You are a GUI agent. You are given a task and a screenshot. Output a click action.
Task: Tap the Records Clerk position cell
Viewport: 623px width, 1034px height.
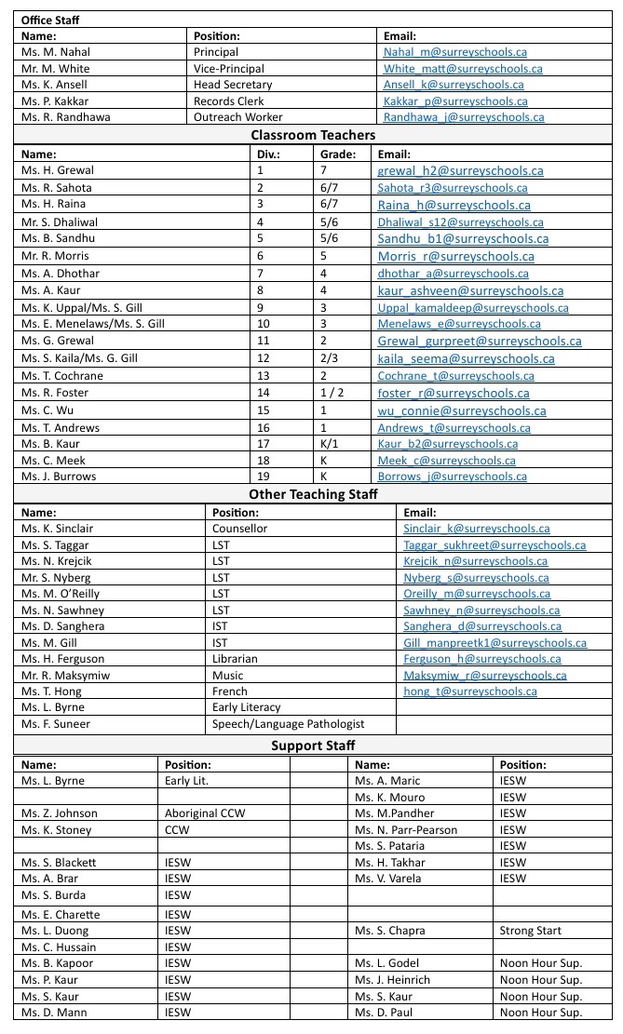pos(229,101)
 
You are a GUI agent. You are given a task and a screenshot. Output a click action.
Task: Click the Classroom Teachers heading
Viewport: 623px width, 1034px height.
pos(313,135)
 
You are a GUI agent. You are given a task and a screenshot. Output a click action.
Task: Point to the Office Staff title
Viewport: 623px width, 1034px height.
pos(52,19)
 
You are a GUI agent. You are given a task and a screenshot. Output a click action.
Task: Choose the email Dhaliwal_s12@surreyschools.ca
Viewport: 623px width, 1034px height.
pos(452,222)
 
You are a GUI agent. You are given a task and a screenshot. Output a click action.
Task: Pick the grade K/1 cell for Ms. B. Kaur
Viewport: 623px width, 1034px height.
pos(330,444)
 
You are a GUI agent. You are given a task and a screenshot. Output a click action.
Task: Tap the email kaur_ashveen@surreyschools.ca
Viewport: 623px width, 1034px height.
pos(470,291)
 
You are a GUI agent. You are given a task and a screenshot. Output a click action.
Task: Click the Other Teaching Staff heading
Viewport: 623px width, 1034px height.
pos(313,494)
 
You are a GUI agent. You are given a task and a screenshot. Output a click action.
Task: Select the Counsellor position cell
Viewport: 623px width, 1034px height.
pos(239,529)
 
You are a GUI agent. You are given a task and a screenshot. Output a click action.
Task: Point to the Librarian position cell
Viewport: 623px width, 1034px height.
pos(235,659)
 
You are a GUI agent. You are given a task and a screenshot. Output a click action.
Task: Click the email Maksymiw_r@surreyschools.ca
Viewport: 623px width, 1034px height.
pos(485,676)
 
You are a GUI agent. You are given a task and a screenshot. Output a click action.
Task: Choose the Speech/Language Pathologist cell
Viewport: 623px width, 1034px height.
pos(288,724)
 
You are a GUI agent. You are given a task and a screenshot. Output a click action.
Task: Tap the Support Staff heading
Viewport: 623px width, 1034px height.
pos(313,745)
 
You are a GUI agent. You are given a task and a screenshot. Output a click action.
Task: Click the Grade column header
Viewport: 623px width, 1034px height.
pos(337,154)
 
